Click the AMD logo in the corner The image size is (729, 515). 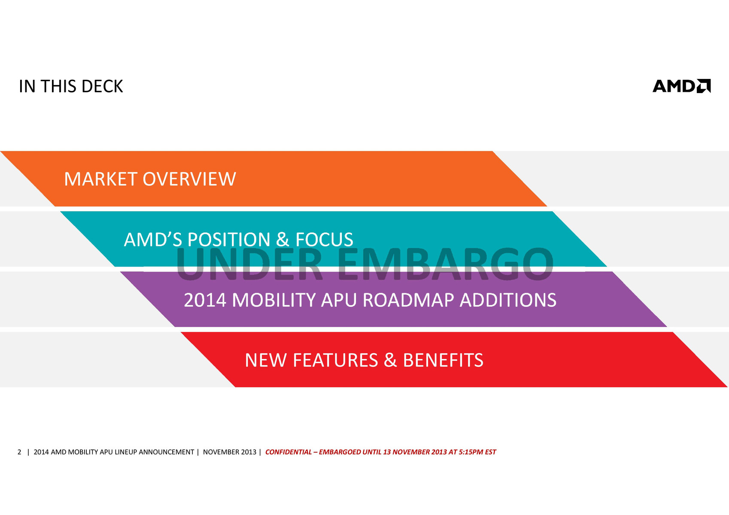[x=681, y=86]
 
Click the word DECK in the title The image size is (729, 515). [x=102, y=86]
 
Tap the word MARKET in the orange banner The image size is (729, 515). [x=100, y=179]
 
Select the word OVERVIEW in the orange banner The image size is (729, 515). [x=189, y=179]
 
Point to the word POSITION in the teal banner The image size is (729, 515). [x=229, y=239]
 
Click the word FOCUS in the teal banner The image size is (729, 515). [x=324, y=239]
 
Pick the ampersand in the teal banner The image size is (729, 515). [x=282, y=239]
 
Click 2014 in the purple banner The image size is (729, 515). [x=205, y=300]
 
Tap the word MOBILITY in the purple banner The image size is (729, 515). [x=274, y=300]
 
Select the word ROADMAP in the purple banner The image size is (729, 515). [x=408, y=300]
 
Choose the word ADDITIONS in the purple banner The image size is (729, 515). [x=508, y=300]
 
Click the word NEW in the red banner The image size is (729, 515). [x=266, y=360]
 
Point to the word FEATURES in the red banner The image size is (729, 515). [x=335, y=360]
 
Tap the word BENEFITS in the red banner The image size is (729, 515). [x=443, y=360]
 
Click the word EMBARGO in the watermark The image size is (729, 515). [x=445, y=264]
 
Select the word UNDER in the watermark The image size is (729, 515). [x=249, y=264]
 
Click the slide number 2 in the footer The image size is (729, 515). [x=19, y=452]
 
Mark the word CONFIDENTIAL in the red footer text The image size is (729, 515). [x=289, y=452]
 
